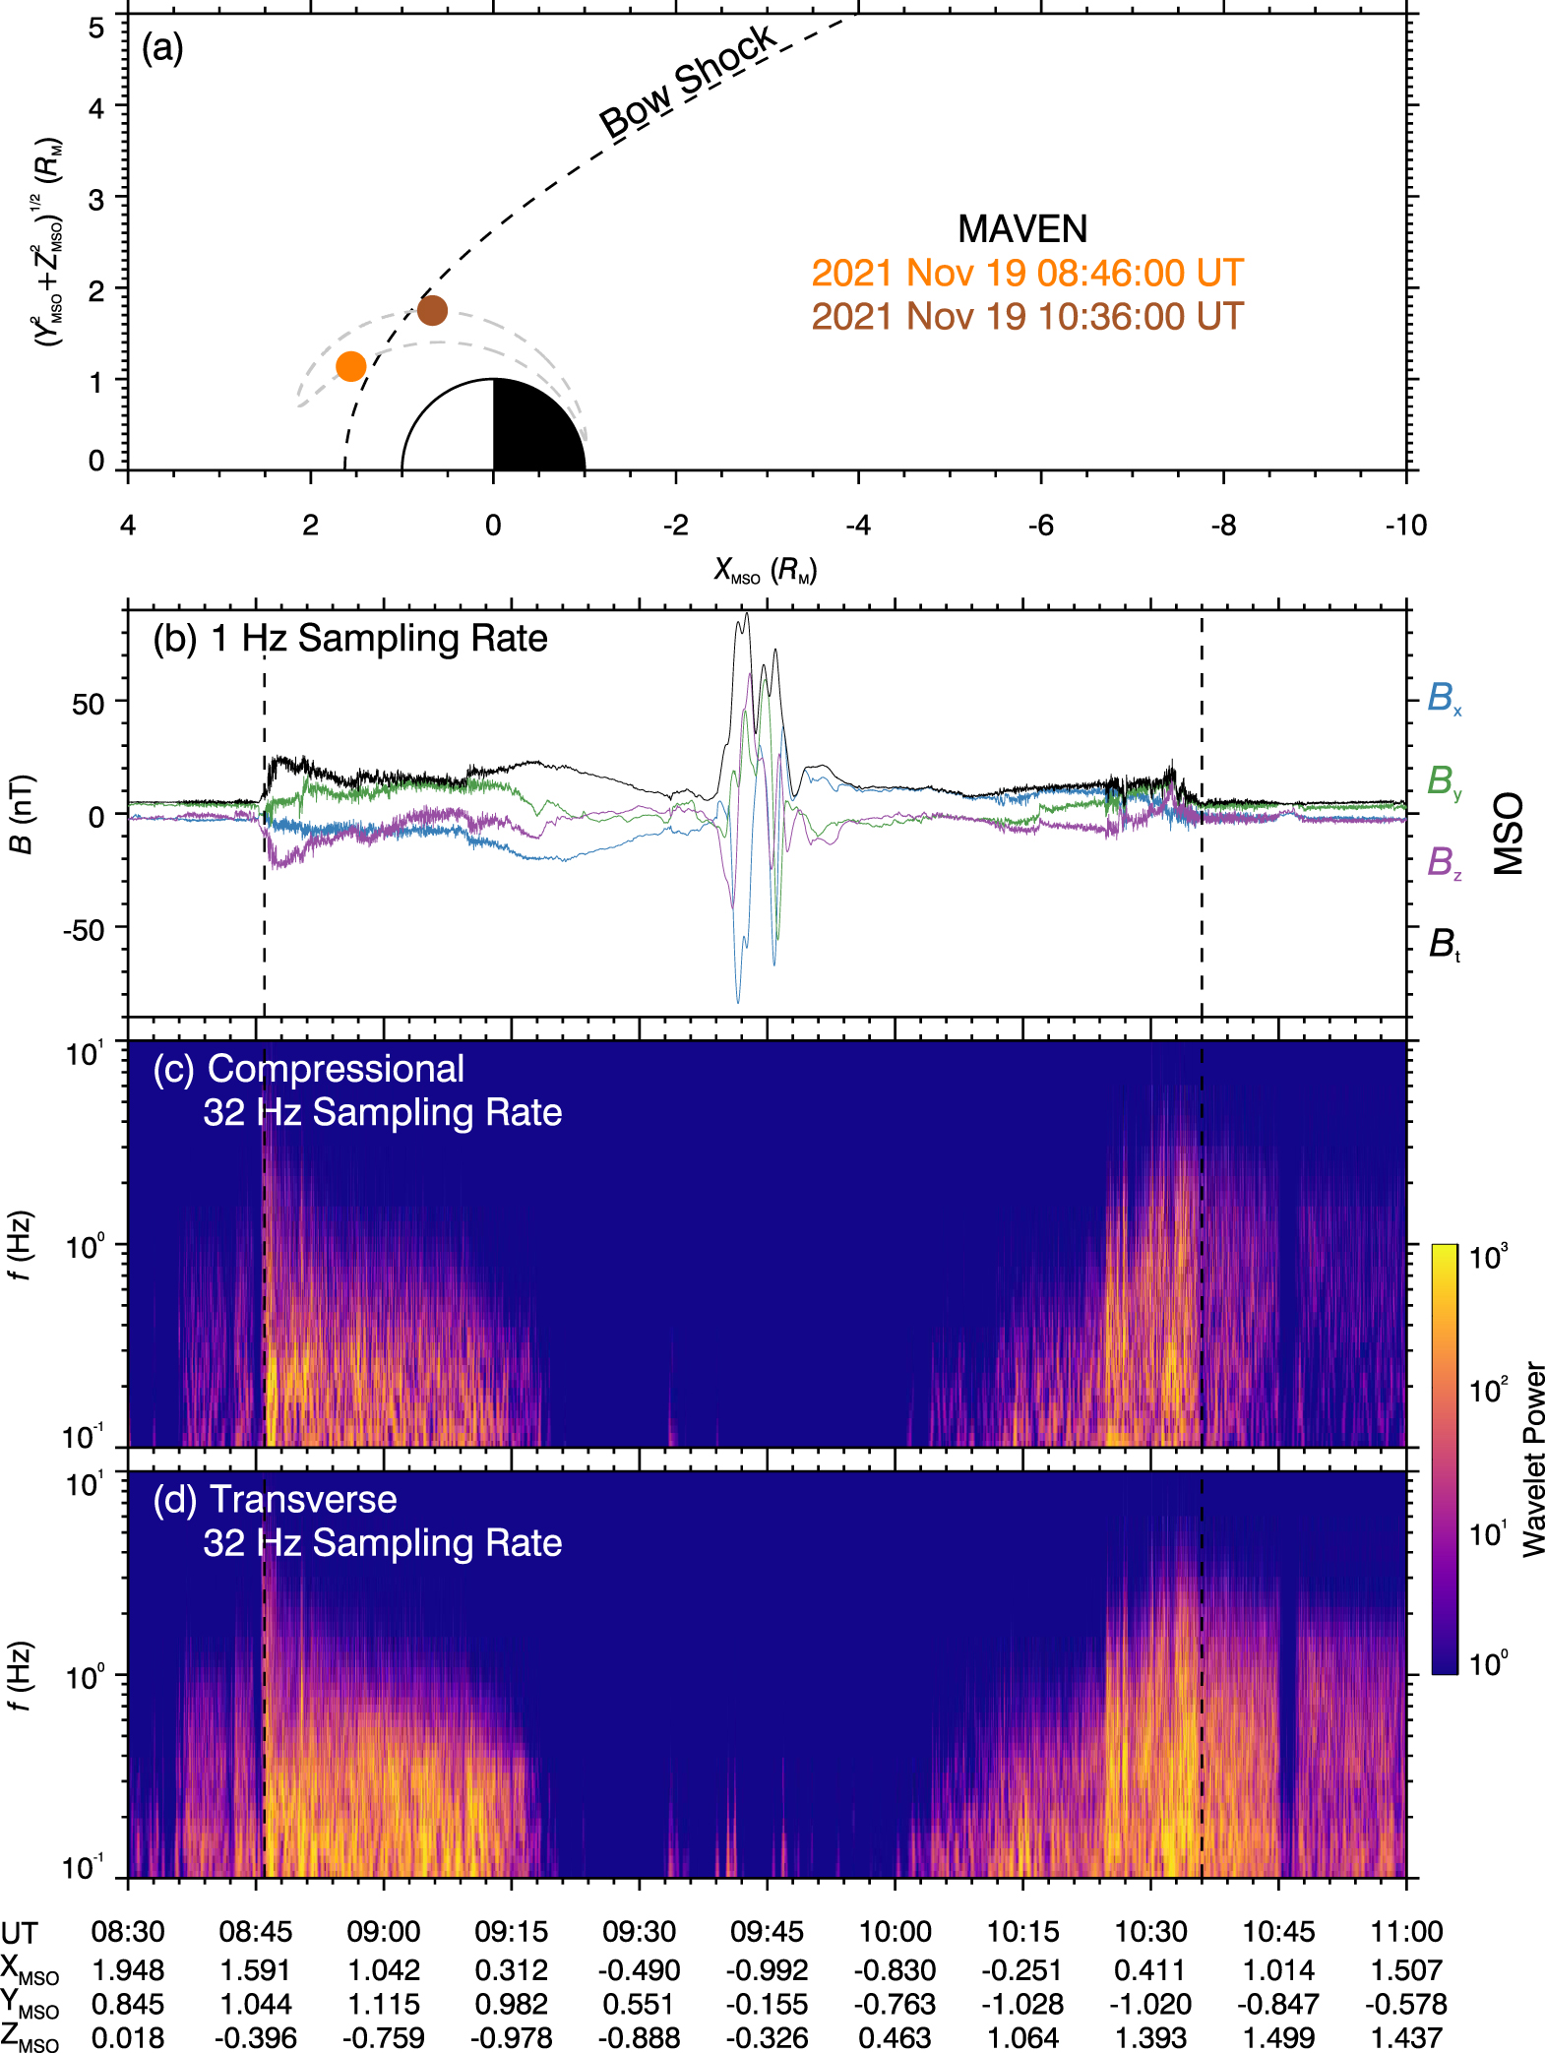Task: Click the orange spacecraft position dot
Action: pos(351,366)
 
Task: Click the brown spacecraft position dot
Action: pos(432,311)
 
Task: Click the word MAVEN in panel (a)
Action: pos(1022,229)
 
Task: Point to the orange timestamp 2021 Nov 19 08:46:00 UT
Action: pos(1027,273)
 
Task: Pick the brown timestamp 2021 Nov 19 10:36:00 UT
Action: pos(1027,316)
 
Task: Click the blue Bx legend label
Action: pos(1444,698)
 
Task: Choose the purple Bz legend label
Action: pos(1444,862)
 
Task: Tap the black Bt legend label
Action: pos(1444,944)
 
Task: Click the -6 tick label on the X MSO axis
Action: pos(1040,526)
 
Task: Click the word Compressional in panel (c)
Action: pos(336,1069)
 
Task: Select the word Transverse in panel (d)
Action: pos(304,1499)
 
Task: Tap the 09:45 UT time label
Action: pos(767,1931)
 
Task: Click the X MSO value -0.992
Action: pos(767,1970)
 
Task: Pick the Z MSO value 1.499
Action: pos(1278,2037)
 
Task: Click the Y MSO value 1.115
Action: pos(383,2004)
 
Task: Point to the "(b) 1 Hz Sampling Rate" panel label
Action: pos(349,639)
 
